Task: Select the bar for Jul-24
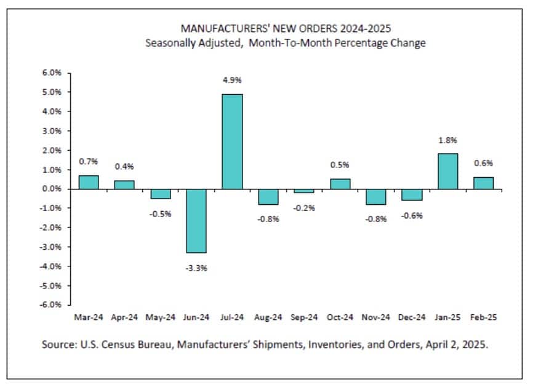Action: coord(232,141)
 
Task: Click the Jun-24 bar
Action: coord(196,221)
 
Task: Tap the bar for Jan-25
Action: coord(447,171)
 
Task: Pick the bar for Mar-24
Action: coord(89,182)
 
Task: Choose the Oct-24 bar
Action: coord(340,184)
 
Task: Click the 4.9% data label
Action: coord(232,81)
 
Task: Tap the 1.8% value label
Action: coord(447,140)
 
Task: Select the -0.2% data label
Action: coord(304,207)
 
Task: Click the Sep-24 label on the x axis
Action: coord(303,318)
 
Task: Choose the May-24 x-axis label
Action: coord(161,318)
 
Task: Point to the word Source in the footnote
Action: coord(59,344)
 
